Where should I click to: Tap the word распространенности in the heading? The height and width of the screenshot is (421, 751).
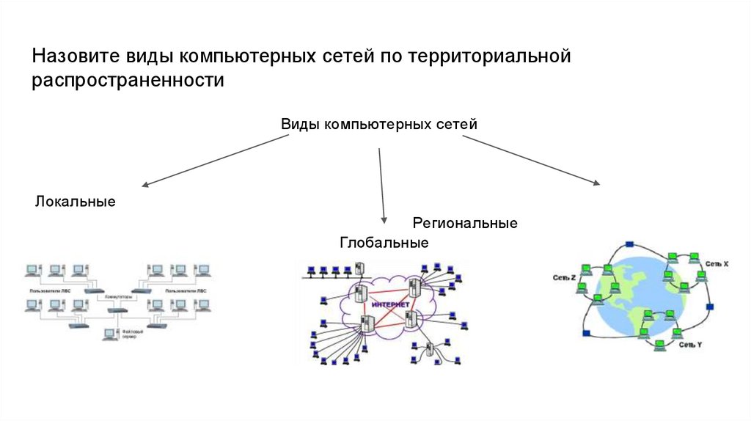[127, 80]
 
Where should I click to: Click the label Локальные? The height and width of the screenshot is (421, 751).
[75, 201]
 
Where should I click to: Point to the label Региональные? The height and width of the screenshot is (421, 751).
[465, 222]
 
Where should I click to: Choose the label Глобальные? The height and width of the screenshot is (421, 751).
[384, 243]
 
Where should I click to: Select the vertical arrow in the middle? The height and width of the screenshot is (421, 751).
[381, 183]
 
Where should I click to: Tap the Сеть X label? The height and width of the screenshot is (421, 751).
[717, 262]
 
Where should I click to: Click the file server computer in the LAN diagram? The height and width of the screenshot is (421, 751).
[110, 334]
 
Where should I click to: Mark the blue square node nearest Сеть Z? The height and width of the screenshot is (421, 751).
[585, 334]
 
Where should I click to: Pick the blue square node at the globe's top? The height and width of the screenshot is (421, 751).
[629, 243]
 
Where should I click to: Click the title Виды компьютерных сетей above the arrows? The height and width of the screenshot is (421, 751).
[379, 124]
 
